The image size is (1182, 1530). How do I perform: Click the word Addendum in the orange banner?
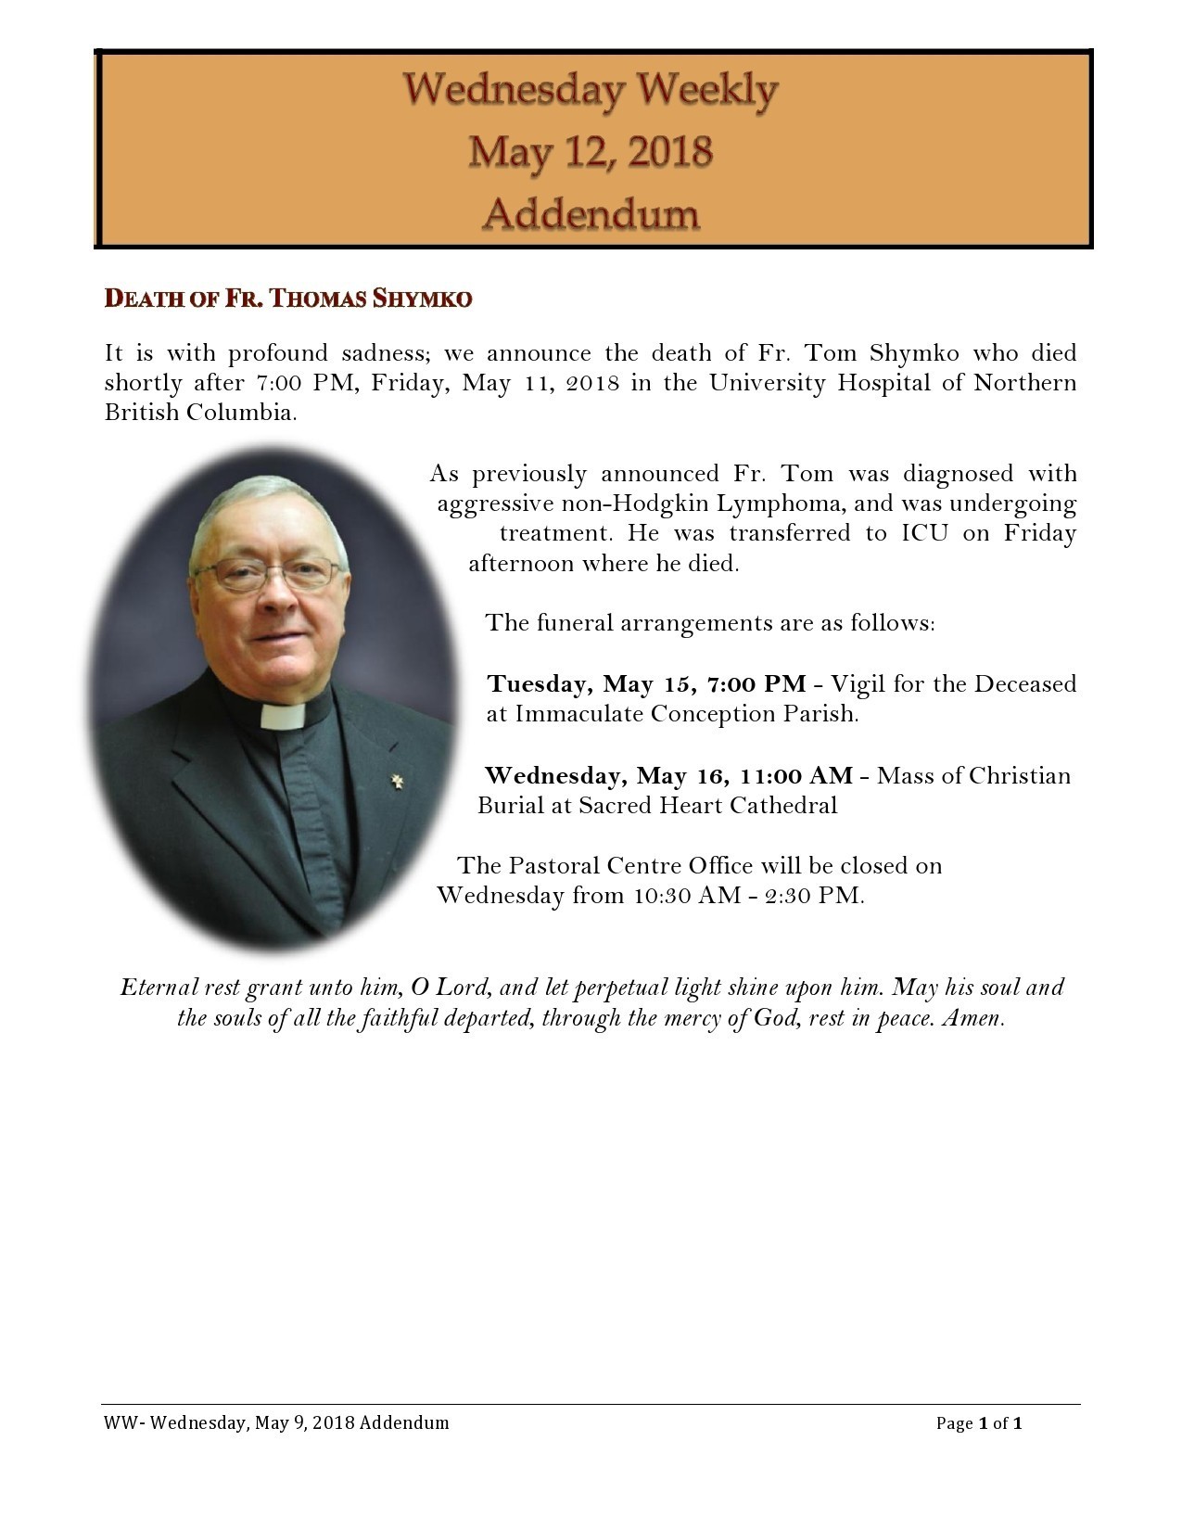pyautogui.click(x=591, y=214)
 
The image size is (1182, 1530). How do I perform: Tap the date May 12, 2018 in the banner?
pyautogui.click(x=591, y=151)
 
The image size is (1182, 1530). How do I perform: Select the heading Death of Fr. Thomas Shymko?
pyautogui.click(x=288, y=299)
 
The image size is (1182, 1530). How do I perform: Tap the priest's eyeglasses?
pyautogui.click(x=269, y=575)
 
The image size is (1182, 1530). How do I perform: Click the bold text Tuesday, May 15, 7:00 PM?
pyautogui.click(x=646, y=684)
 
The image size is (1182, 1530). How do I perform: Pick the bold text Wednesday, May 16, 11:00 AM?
pyautogui.click(x=668, y=775)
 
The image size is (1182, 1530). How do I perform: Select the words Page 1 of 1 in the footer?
pyautogui.click(x=978, y=1423)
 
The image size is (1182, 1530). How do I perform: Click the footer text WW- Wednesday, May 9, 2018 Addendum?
pyautogui.click(x=276, y=1423)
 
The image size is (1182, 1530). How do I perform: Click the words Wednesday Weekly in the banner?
pyautogui.click(x=591, y=90)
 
